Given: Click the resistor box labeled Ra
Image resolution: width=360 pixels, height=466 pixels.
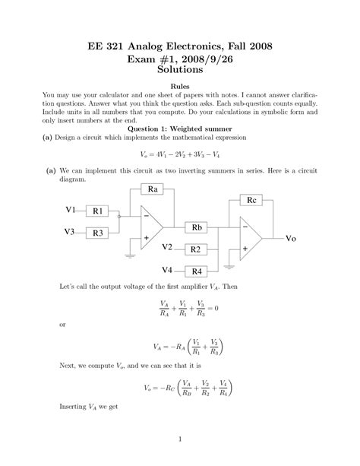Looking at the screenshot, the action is pos(153,189).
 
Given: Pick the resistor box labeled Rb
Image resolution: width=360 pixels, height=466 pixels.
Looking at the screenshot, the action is pos(196,227).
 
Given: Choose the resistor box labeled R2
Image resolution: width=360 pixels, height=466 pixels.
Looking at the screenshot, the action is pos(195,249).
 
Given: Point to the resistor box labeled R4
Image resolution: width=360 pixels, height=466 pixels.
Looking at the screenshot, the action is pos(197,271).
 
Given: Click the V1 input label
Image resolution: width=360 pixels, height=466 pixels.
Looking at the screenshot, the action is pos(71,210).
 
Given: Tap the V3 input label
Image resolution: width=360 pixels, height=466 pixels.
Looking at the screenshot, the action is pos(71,232).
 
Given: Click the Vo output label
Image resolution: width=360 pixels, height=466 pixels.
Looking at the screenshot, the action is pos(291,238).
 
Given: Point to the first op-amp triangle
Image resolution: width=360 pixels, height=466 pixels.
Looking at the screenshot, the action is pos(151,227).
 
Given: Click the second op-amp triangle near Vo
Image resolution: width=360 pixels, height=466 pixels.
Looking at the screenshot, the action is pos(250,237).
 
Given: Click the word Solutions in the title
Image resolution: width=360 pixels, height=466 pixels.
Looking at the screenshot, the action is pos(179,70).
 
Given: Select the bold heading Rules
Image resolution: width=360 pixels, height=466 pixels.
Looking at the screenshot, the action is pos(180,88).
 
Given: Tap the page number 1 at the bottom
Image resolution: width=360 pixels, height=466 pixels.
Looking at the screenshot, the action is pos(179,439).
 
